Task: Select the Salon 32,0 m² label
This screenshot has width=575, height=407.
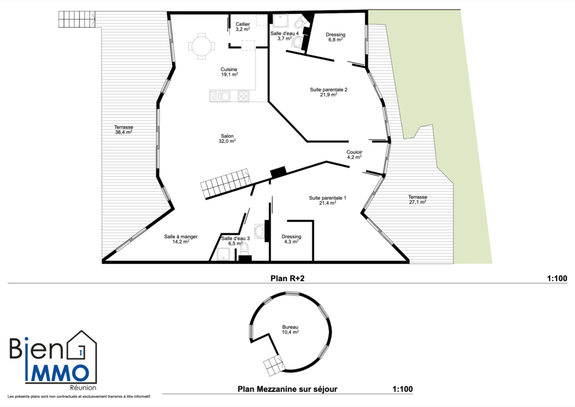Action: (x=227, y=139)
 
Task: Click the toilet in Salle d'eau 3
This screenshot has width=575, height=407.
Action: (x=244, y=249)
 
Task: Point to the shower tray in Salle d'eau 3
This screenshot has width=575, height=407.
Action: (x=223, y=254)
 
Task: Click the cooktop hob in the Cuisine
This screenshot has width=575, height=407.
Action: (x=243, y=96)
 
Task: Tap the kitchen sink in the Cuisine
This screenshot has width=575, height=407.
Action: (x=220, y=96)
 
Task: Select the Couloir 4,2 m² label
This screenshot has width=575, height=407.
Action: (x=354, y=155)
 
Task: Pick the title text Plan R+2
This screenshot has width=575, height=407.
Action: (x=287, y=278)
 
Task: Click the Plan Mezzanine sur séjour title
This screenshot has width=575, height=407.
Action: (x=287, y=389)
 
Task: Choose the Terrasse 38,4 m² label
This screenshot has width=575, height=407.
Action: (x=124, y=130)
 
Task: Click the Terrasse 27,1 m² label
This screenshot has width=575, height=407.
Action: (x=418, y=199)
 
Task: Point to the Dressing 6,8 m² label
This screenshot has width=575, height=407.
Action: (x=336, y=37)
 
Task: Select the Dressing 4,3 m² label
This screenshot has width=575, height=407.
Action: (x=291, y=239)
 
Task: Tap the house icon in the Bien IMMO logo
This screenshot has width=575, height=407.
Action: (x=83, y=350)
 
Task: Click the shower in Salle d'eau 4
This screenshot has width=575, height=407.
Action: (x=281, y=21)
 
